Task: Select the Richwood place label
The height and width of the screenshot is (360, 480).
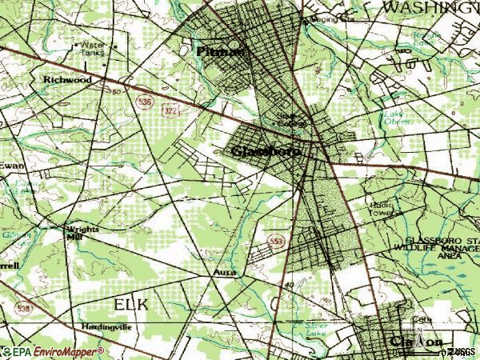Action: pyautogui.click(x=67, y=81)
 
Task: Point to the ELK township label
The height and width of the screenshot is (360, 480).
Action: pyautogui.click(x=130, y=304)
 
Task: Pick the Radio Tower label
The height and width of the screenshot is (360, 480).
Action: pyautogui.click(x=382, y=209)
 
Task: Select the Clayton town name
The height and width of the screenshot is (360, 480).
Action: pyautogui.click(x=416, y=342)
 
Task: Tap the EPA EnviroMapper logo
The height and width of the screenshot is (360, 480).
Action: pyautogui.click(x=53, y=351)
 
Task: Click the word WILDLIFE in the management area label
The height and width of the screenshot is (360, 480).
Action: pyautogui.click(x=412, y=249)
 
